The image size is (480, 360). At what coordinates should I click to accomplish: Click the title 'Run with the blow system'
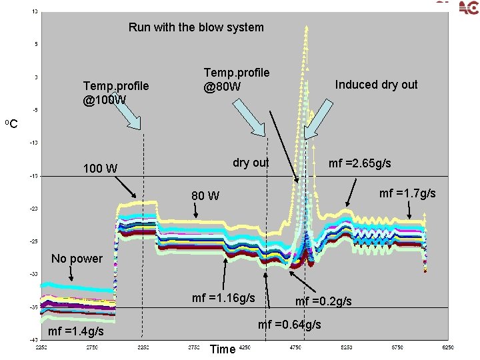tap(196, 27)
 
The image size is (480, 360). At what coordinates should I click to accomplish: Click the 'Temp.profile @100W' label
tap(115, 93)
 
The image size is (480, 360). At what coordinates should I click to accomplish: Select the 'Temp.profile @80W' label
tap(236, 79)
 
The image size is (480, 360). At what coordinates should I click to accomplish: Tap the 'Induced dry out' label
tap(376, 85)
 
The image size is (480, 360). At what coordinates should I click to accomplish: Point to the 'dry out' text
tap(251, 163)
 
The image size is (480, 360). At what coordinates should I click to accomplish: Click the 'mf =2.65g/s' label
tap(359, 163)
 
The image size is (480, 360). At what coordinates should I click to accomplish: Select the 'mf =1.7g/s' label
tap(407, 193)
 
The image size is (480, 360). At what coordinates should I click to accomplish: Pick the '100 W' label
tap(99, 168)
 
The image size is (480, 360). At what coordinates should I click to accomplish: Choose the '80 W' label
tap(205, 196)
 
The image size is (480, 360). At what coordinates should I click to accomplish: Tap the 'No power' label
tap(77, 258)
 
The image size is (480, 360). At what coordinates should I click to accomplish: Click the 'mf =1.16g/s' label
tap(223, 298)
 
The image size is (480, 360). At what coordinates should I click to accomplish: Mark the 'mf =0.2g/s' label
tap(323, 301)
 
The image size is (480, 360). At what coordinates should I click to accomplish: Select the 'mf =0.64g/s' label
tap(289, 325)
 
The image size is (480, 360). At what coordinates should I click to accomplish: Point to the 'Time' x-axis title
tap(222, 349)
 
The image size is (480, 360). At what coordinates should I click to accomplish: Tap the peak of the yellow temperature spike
tap(306, 27)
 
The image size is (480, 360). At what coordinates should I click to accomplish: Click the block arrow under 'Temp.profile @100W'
tap(131, 117)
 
